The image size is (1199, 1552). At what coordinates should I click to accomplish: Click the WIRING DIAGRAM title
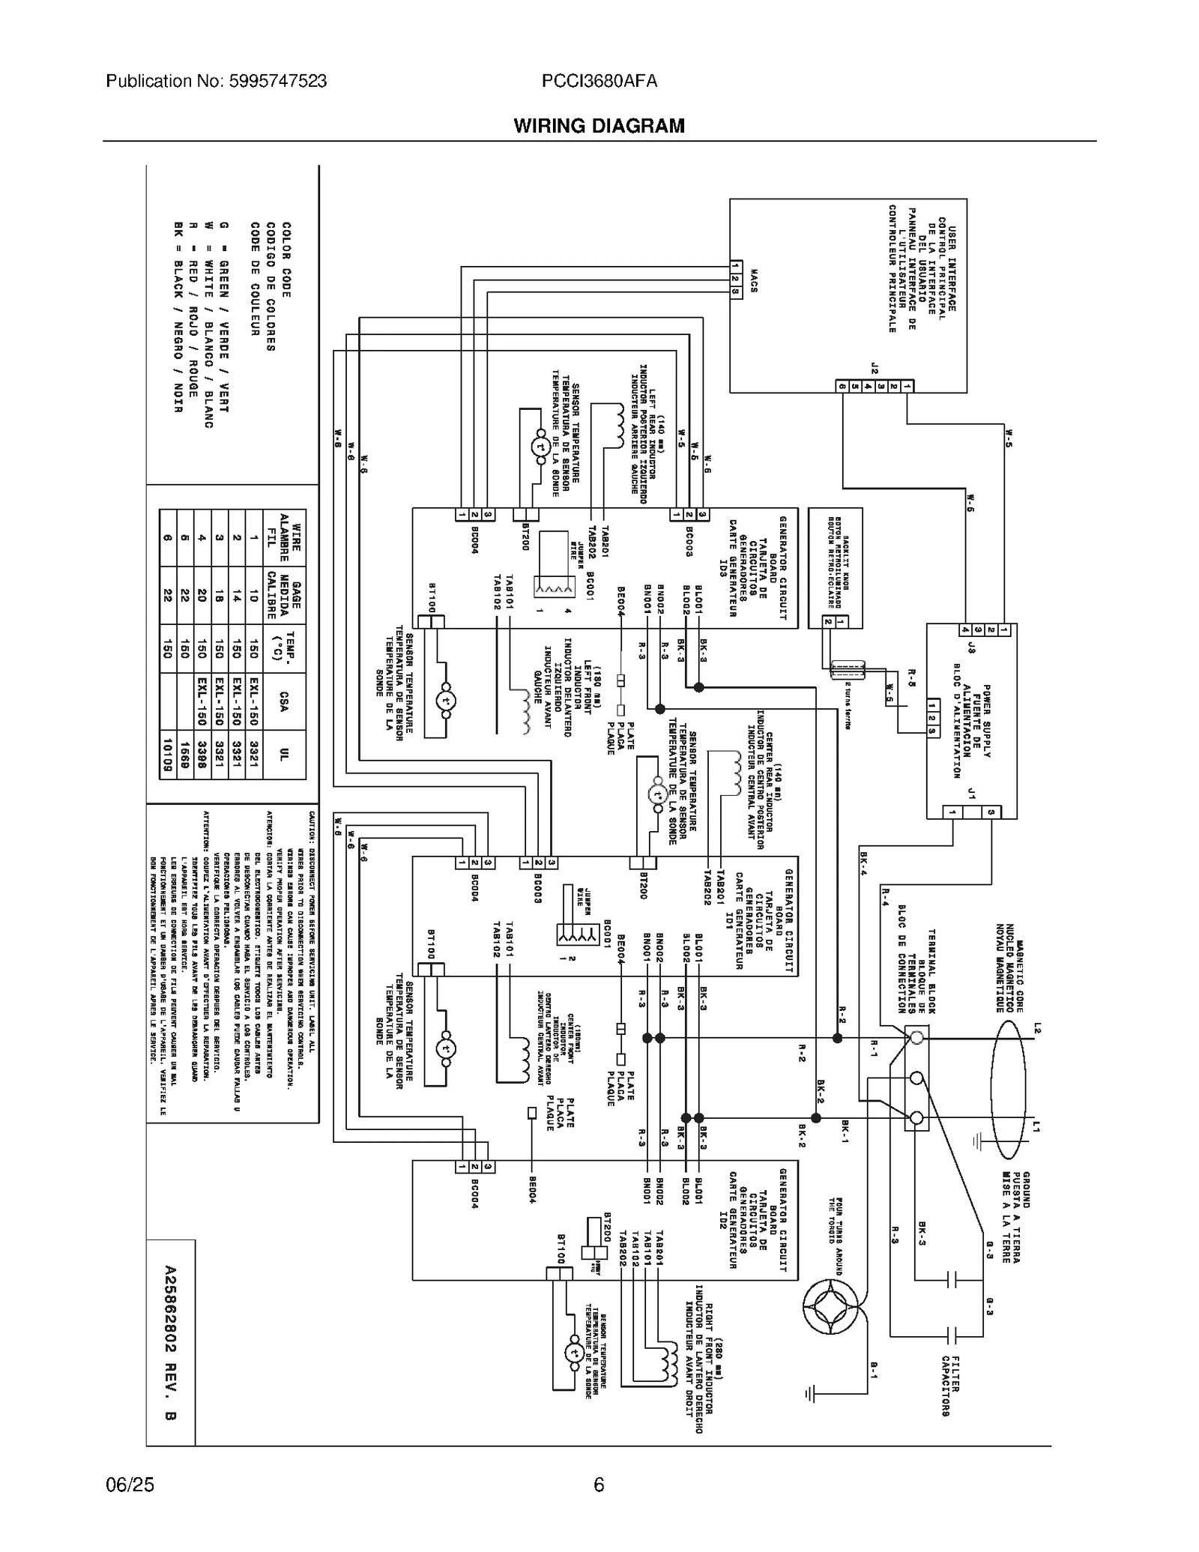(598, 126)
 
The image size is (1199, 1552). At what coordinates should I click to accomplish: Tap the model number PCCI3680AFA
(599, 81)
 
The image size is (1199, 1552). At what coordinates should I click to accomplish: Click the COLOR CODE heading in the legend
(286, 259)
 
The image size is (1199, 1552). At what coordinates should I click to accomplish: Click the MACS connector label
(753, 282)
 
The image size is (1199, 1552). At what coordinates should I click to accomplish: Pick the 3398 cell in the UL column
(201, 755)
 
